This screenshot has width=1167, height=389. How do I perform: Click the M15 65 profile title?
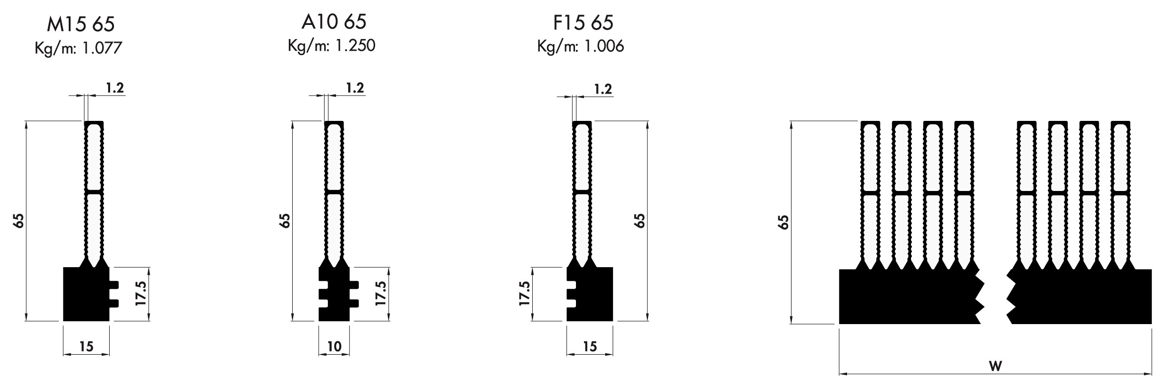point(81,24)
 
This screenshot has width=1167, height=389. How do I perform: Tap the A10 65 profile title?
point(334,22)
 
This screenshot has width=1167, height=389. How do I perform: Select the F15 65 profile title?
point(583,23)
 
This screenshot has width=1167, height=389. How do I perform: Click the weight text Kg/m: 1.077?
point(78,48)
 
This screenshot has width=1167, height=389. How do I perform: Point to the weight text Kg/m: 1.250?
point(332,46)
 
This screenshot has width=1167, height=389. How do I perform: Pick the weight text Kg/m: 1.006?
point(581,46)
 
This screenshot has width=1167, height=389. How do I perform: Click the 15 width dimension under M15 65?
point(86,347)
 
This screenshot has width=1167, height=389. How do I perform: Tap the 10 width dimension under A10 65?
point(334,347)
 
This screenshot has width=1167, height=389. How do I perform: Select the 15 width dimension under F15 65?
point(590,347)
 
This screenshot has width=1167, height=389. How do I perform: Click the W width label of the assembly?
point(995,365)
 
